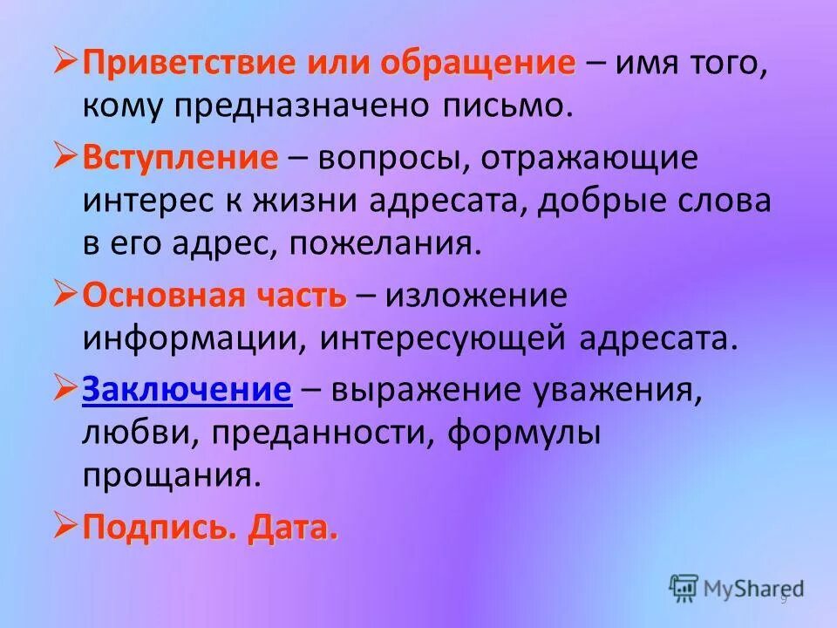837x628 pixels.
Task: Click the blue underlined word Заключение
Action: point(187,391)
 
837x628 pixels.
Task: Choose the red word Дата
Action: point(292,527)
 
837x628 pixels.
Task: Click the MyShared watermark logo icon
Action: point(684,588)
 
